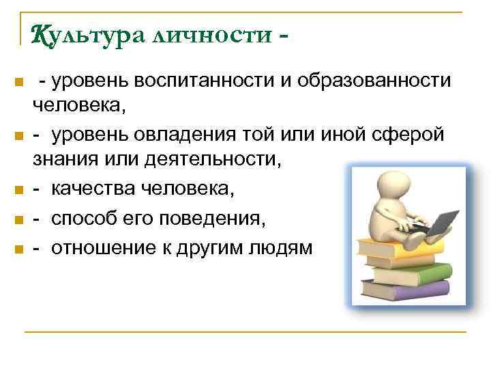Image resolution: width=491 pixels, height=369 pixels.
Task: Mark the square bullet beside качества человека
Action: click(18, 192)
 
